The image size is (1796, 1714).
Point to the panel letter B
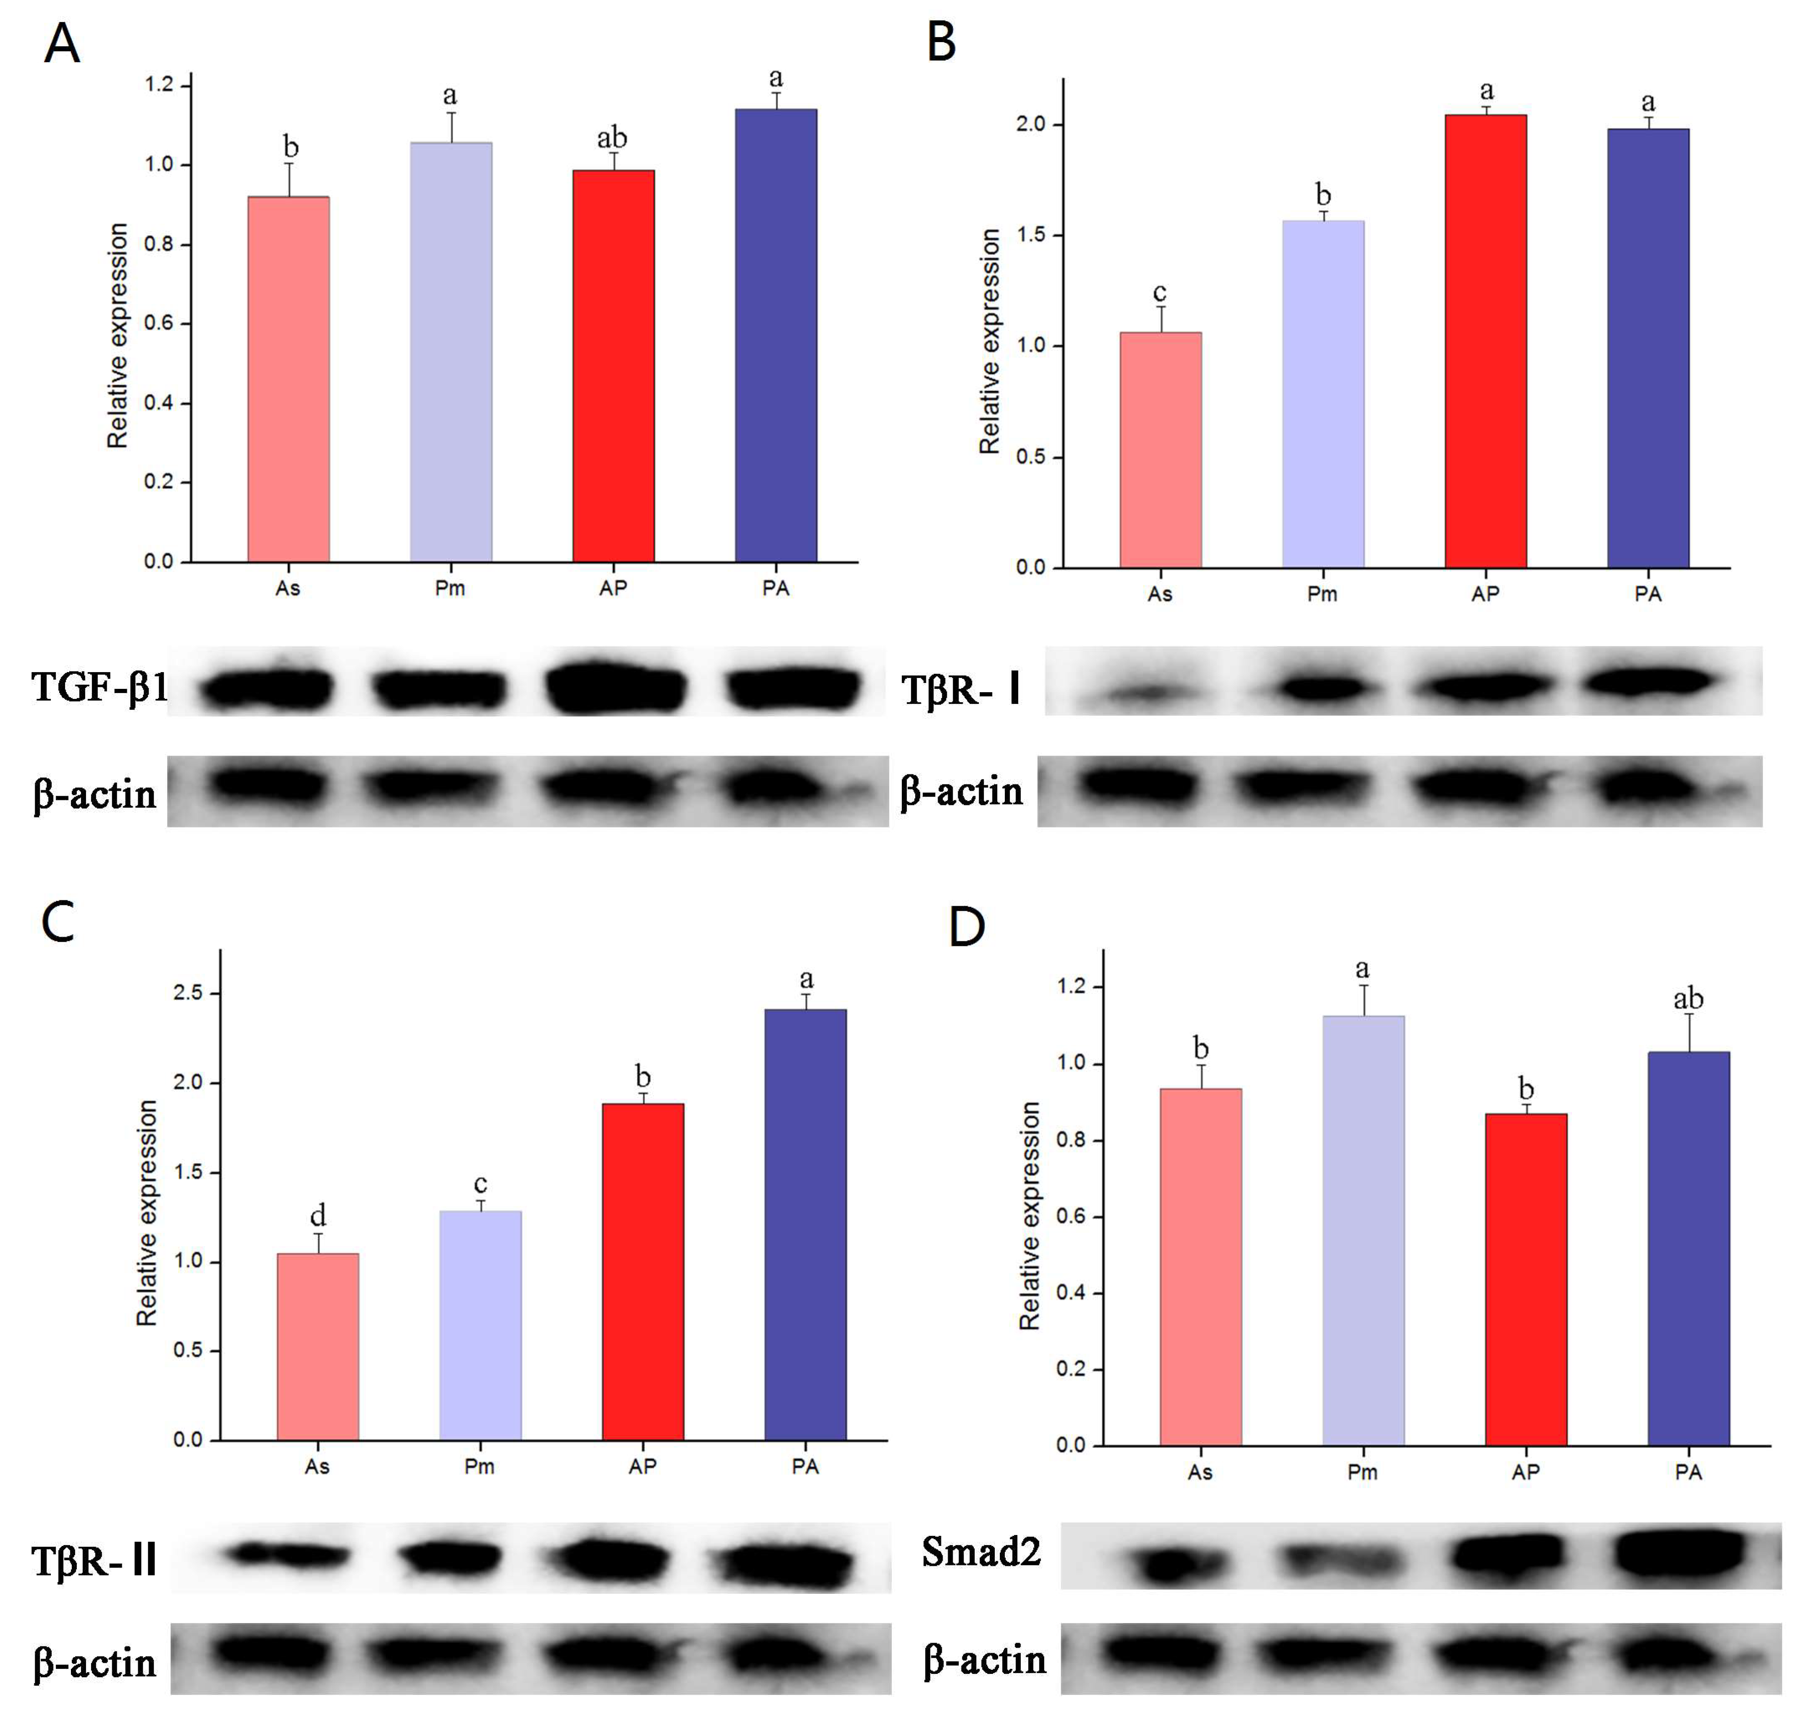tap(941, 42)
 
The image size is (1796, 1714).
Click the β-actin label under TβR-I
tap(961, 791)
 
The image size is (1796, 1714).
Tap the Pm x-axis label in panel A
tap(449, 588)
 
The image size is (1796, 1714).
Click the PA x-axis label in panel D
tap(1688, 1472)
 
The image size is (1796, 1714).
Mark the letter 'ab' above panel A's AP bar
tap(612, 138)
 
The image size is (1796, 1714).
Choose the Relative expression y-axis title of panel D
tap(1029, 1215)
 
